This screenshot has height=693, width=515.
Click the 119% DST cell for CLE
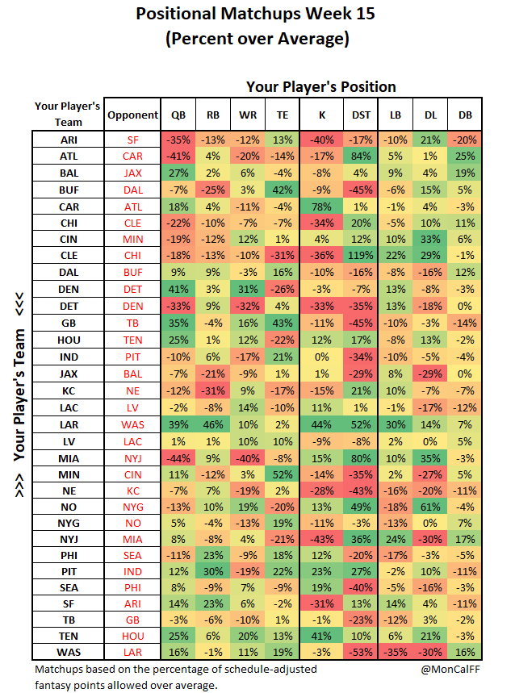(x=361, y=256)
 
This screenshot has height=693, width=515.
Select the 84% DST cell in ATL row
(x=361, y=156)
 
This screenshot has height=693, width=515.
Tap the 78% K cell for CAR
(x=321, y=207)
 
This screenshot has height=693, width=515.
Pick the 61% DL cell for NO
(x=430, y=507)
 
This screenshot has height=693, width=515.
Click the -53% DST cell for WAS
(x=361, y=652)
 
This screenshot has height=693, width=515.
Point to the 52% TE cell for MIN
(x=283, y=474)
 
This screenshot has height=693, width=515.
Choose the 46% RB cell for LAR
(x=213, y=424)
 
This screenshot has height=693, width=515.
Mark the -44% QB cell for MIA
(x=178, y=458)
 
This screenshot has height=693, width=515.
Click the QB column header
(x=178, y=115)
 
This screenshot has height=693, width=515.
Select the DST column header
(x=361, y=115)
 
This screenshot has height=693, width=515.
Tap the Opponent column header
(x=132, y=115)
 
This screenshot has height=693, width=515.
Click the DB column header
(x=465, y=115)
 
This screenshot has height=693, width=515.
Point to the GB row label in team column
(x=69, y=323)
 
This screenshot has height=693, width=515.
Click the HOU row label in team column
(x=69, y=340)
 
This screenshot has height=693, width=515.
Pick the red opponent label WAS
(x=132, y=424)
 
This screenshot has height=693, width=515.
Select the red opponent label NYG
(x=132, y=507)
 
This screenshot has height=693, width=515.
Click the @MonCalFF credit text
(x=450, y=669)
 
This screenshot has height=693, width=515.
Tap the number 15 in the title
(x=365, y=14)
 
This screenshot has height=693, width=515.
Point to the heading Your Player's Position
(x=321, y=86)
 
